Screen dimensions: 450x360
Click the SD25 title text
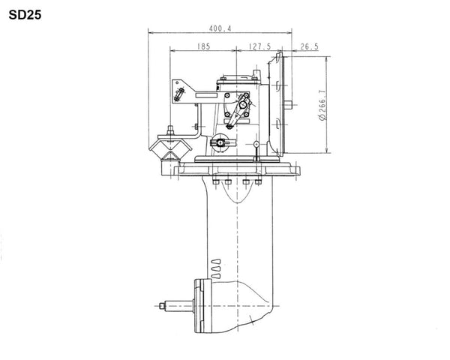coord(25,15)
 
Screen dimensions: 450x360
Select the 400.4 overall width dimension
coord(220,28)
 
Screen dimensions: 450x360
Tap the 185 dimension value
coord(204,46)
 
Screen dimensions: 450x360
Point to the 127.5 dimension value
coord(259,46)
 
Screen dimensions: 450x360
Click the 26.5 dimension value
coord(309,46)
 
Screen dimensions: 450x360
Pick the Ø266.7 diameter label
coord(322,105)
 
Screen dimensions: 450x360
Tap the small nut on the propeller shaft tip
coord(163,306)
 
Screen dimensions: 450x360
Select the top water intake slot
coord(216,262)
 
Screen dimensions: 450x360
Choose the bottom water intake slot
coord(216,275)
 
